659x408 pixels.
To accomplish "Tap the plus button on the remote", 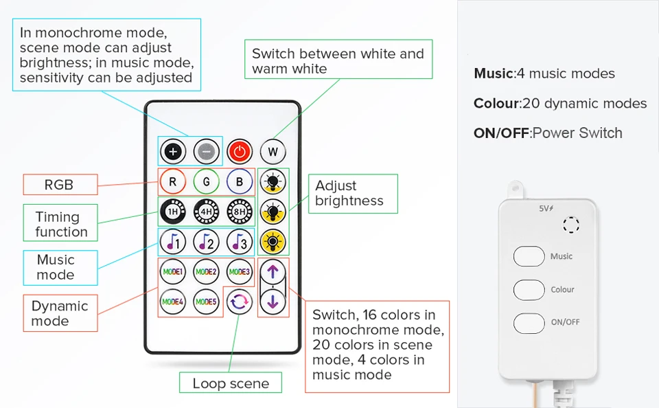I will click(x=172, y=150).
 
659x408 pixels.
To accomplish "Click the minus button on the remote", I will click(x=206, y=150).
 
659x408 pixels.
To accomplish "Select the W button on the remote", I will click(x=273, y=150).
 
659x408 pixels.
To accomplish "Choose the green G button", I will click(x=206, y=182).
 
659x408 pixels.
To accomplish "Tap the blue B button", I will click(x=240, y=182).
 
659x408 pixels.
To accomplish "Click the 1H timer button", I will click(x=172, y=212).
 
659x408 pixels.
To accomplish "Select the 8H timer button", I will click(x=240, y=212).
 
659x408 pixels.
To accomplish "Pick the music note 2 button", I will click(x=206, y=242).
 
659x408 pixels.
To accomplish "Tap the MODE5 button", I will click(x=206, y=301).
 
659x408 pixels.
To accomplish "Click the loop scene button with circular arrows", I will click(x=240, y=301).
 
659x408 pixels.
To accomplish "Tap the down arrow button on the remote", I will click(x=273, y=301).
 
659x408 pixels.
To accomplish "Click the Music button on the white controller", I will click(x=529, y=256).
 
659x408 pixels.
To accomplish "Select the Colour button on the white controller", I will click(x=529, y=288).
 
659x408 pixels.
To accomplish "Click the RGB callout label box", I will click(x=59, y=185).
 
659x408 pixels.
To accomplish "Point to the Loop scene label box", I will click(x=231, y=383).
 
